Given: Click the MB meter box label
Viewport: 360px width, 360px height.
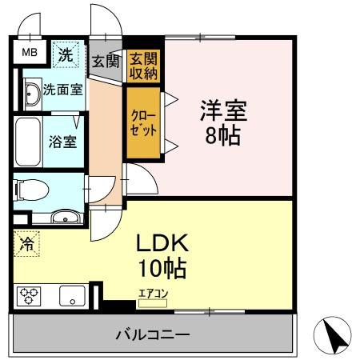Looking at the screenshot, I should point(29,54).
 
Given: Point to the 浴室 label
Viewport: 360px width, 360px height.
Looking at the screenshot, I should point(62,142).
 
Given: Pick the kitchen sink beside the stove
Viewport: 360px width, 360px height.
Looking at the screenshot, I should point(72,296).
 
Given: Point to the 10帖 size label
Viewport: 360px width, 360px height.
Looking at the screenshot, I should point(166,269).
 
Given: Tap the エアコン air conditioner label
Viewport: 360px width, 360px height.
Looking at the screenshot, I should point(154,293).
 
